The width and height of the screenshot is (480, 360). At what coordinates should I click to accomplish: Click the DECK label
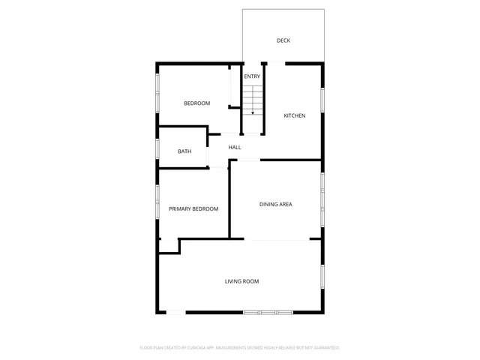(x=283, y=40)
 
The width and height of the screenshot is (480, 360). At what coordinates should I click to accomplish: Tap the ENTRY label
(x=252, y=76)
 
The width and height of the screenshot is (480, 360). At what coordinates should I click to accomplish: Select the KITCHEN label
(x=294, y=115)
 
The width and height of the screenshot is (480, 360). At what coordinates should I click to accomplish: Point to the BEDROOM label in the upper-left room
(x=197, y=103)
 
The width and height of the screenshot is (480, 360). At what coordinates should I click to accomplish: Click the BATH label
(x=184, y=151)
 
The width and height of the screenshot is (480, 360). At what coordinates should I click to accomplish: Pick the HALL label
(x=235, y=148)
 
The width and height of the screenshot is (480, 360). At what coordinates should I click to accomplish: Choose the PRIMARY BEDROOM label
(x=193, y=208)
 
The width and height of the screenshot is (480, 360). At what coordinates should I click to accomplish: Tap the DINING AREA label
(x=275, y=204)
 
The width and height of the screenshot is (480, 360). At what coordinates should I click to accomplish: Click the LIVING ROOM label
(x=241, y=281)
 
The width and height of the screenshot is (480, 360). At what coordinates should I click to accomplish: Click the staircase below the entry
(x=253, y=100)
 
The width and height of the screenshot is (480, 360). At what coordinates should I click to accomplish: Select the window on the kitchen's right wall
(x=322, y=99)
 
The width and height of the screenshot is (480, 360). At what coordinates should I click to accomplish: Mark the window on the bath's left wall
(x=157, y=148)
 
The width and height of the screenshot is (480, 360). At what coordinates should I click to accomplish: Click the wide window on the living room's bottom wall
(x=268, y=312)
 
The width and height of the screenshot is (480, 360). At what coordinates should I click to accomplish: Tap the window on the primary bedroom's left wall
(x=157, y=202)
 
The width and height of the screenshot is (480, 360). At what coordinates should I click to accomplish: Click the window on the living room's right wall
(x=322, y=277)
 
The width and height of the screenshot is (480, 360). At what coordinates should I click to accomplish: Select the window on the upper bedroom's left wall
(x=157, y=92)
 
